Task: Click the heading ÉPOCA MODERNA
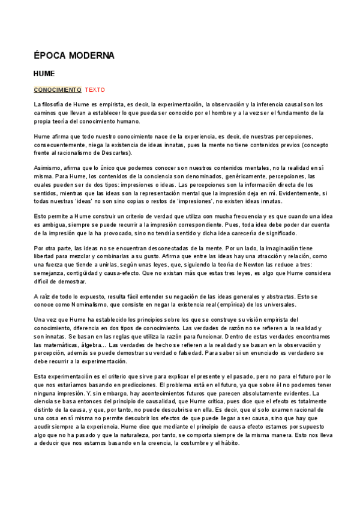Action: [74, 56]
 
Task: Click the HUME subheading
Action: [44, 74]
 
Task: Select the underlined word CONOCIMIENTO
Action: [58, 89]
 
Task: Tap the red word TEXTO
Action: [95, 89]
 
